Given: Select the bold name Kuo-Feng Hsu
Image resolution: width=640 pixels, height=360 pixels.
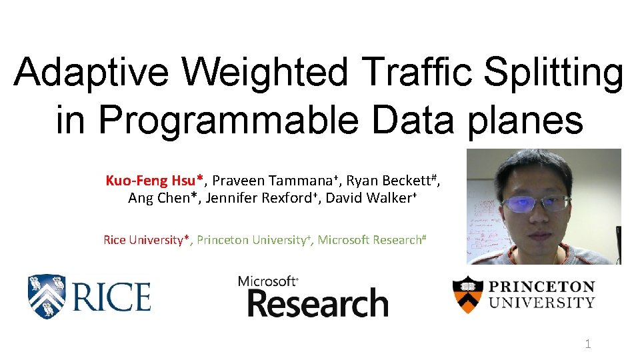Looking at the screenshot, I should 154,181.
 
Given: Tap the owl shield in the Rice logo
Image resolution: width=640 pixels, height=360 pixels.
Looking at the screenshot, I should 46,296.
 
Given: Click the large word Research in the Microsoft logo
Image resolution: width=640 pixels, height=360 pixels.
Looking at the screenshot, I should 317,303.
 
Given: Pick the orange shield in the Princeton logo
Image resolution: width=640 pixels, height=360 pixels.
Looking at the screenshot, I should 467,294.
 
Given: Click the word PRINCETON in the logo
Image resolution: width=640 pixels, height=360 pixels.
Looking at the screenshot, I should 542,287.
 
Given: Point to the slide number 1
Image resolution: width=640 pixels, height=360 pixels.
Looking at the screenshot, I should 587,344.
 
